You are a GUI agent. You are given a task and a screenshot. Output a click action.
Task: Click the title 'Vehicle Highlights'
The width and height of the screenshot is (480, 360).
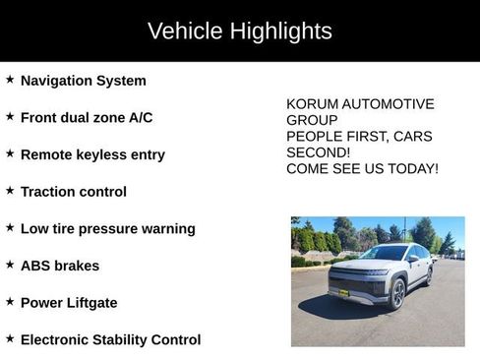click(x=240, y=30)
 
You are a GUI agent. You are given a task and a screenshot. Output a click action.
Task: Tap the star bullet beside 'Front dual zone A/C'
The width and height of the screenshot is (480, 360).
click(x=10, y=116)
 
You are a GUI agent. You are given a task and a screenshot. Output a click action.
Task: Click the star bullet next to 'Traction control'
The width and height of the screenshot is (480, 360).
click(x=10, y=190)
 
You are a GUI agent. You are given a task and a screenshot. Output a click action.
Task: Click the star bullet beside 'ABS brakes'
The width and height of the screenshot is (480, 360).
click(x=10, y=264)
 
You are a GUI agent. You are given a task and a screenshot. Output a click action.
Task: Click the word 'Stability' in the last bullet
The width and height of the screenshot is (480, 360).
click(x=128, y=340)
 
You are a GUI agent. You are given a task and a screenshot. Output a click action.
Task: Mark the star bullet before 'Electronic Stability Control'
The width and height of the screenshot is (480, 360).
click(x=10, y=337)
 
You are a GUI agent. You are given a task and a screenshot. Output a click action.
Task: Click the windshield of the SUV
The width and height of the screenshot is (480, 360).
click(x=385, y=254)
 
